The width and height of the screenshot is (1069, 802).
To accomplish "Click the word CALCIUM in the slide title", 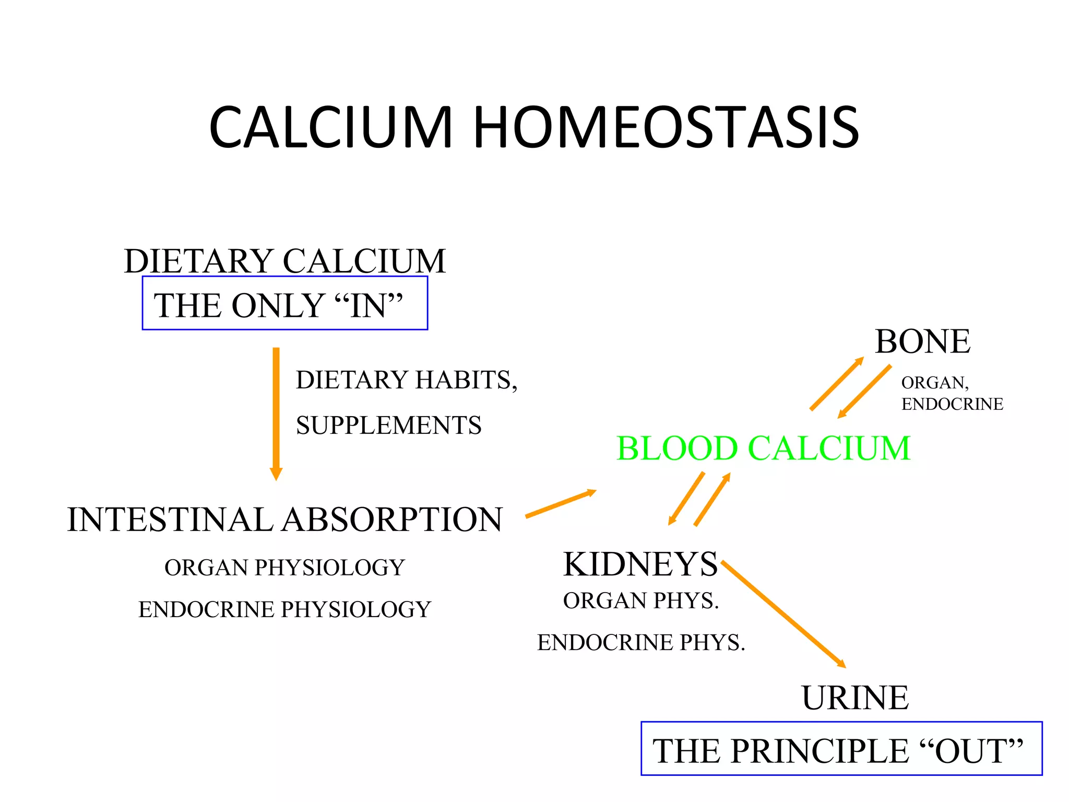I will (x=330, y=127).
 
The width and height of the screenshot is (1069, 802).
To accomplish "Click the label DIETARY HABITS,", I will (x=407, y=380).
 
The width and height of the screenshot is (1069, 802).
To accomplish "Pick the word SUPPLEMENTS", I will (x=388, y=425).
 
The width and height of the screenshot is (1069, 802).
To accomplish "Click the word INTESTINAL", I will (x=170, y=520).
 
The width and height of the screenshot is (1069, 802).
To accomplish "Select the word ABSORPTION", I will (x=393, y=520).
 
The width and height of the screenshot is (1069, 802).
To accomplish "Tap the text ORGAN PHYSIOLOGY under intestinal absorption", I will (x=284, y=568).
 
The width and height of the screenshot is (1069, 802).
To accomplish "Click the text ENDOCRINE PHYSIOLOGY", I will (x=284, y=609).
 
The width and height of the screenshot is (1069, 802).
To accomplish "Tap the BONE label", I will (x=922, y=341).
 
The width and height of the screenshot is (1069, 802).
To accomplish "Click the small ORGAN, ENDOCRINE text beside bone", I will (x=952, y=393).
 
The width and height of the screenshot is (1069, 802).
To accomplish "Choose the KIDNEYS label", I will (x=640, y=564).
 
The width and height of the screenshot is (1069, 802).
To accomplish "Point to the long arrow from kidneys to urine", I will (x=783, y=614).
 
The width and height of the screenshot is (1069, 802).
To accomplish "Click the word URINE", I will (x=855, y=698).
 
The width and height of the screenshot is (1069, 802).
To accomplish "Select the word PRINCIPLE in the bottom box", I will (x=819, y=751).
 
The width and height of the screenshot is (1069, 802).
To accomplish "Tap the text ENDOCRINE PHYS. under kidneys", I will (x=641, y=642).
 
